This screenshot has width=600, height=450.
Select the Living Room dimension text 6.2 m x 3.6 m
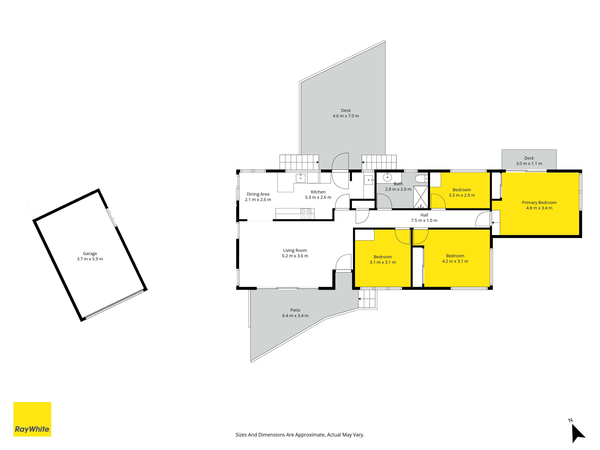tap(295, 256)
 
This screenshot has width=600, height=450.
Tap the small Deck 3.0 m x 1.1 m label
tap(529, 161)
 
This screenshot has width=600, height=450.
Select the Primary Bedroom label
tap(539, 205)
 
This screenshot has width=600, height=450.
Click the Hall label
tap(424, 217)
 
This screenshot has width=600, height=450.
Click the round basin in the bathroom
tap(387, 178)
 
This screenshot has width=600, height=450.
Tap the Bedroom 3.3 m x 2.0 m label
tap(462, 192)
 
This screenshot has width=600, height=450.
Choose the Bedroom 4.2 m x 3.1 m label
tap(455, 258)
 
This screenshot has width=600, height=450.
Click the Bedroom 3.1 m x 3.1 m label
tap(383, 260)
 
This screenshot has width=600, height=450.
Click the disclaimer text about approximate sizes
tap(300, 435)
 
